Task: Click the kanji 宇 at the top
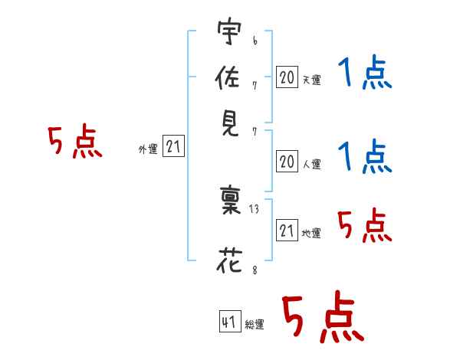point(229,31)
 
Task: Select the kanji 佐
point(228,77)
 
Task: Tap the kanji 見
point(230,123)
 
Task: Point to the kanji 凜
point(230,199)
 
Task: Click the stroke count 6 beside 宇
point(255,41)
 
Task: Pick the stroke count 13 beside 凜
point(254,209)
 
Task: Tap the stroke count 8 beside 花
point(255,270)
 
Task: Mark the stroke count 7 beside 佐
point(255,86)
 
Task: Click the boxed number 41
point(230,321)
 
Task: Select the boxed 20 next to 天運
point(287,77)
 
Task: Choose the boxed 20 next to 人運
point(287,162)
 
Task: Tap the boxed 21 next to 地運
point(287,230)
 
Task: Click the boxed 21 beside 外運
point(173,146)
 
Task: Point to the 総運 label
point(255,324)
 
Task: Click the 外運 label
point(148,149)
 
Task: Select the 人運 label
point(312,164)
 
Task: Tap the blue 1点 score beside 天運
point(365,72)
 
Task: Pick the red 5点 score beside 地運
point(365,225)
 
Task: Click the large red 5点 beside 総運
point(323,316)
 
